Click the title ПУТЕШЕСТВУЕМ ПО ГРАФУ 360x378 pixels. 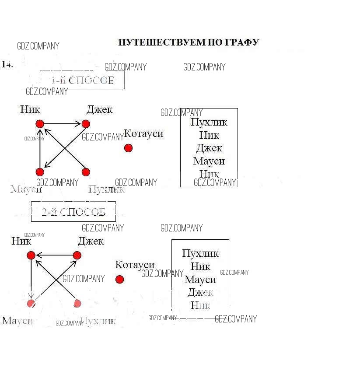click(x=189, y=42)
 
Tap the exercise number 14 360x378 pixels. click(x=7, y=64)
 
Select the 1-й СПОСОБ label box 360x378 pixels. click(x=82, y=80)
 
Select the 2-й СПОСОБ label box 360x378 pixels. click(x=73, y=212)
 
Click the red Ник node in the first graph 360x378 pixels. click(x=40, y=124)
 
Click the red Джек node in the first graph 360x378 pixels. click(x=86, y=124)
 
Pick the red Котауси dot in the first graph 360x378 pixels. click(x=128, y=148)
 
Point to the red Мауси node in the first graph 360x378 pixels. click(x=40, y=172)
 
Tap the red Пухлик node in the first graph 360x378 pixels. click(x=86, y=172)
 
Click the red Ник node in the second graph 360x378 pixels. click(x=31, y=255)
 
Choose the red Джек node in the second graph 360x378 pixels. click(x=77, y=255)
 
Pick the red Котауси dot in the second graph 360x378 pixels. click(x=119, y=279)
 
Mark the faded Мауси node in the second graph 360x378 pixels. click(x=31, y=303)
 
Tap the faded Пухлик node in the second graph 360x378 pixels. click(x=77, y=303)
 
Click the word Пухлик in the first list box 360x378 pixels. click(x=209, y=122)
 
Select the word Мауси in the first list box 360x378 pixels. click(x=209, y=161)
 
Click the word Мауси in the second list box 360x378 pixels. click(x=200, y=280)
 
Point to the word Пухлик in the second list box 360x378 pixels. click(x=200, y=253)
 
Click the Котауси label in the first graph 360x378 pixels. click(x=143, y=133)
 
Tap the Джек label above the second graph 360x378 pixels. click(x=91, y=241)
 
